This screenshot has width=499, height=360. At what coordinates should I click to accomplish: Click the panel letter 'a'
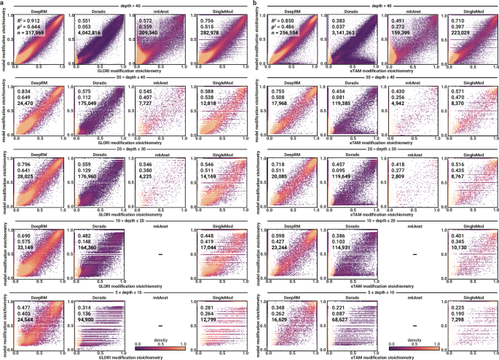pos(2,4)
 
